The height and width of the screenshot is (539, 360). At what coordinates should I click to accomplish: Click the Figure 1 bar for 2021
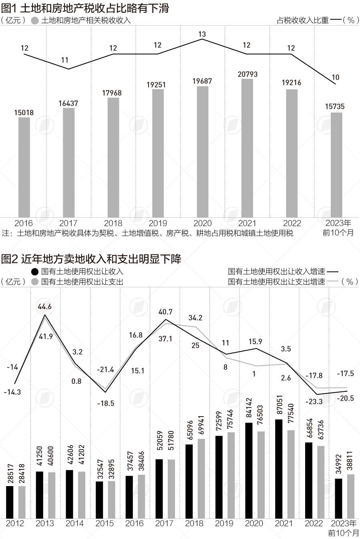(x=247, y=148)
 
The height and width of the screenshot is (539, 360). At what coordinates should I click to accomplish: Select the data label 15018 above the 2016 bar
(x=24, y=113)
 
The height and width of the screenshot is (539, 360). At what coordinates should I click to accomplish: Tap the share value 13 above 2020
(x=202, y=34)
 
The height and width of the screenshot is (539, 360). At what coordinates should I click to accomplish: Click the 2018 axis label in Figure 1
(x=113, y=223)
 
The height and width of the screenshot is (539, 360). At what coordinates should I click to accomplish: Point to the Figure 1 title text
(x=85, y=8)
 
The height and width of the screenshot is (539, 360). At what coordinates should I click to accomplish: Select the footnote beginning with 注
(x=147, y=233)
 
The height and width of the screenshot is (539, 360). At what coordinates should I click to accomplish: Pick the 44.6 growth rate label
(x=44, y=307)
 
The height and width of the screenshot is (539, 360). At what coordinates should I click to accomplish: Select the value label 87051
(x=281, y=405)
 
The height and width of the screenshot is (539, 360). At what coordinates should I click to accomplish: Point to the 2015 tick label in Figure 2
(x=105, y=523)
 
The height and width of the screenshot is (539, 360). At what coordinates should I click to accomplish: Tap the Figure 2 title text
(x=91, y=259)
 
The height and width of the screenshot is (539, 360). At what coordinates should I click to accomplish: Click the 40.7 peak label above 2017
(x=165, y=312)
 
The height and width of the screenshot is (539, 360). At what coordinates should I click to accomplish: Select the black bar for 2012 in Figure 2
(x=10, y=502)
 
